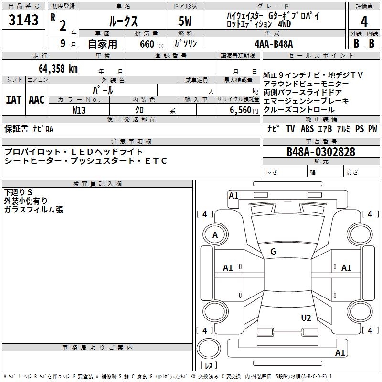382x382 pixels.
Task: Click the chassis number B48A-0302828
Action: pos(320,152)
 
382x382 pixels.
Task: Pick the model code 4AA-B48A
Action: pos(274,43)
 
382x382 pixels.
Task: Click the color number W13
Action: pos(79,110)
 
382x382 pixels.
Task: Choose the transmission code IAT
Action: pos(13,100)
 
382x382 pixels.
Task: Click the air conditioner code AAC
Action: pos(37,100)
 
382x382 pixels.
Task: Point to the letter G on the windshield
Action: pos(273,251)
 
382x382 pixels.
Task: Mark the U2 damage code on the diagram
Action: pos(306,318)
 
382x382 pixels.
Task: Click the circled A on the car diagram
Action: pos(215,234)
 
